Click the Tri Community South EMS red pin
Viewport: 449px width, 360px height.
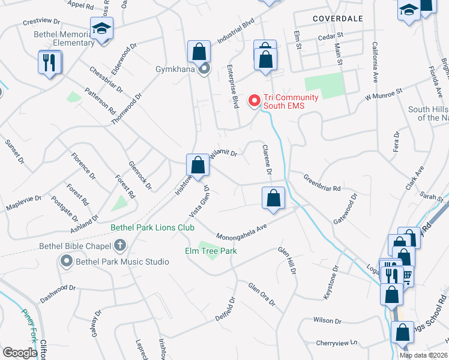tap(254, 101)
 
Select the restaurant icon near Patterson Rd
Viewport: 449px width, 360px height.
tap(49, 62)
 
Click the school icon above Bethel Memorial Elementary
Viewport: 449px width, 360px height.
tap(101, 28)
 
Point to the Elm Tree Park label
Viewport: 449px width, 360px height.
tap(211, 251)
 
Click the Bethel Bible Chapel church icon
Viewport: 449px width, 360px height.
tap(120, 245)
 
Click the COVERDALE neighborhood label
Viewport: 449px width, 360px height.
tap(338, 19)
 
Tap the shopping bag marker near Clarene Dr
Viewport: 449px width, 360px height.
tap(273, 197)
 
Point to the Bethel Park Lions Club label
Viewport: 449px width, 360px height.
tap(152, 228)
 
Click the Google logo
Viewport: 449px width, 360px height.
tap(19, 353)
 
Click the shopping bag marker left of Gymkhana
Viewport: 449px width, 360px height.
tap(199, 52)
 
